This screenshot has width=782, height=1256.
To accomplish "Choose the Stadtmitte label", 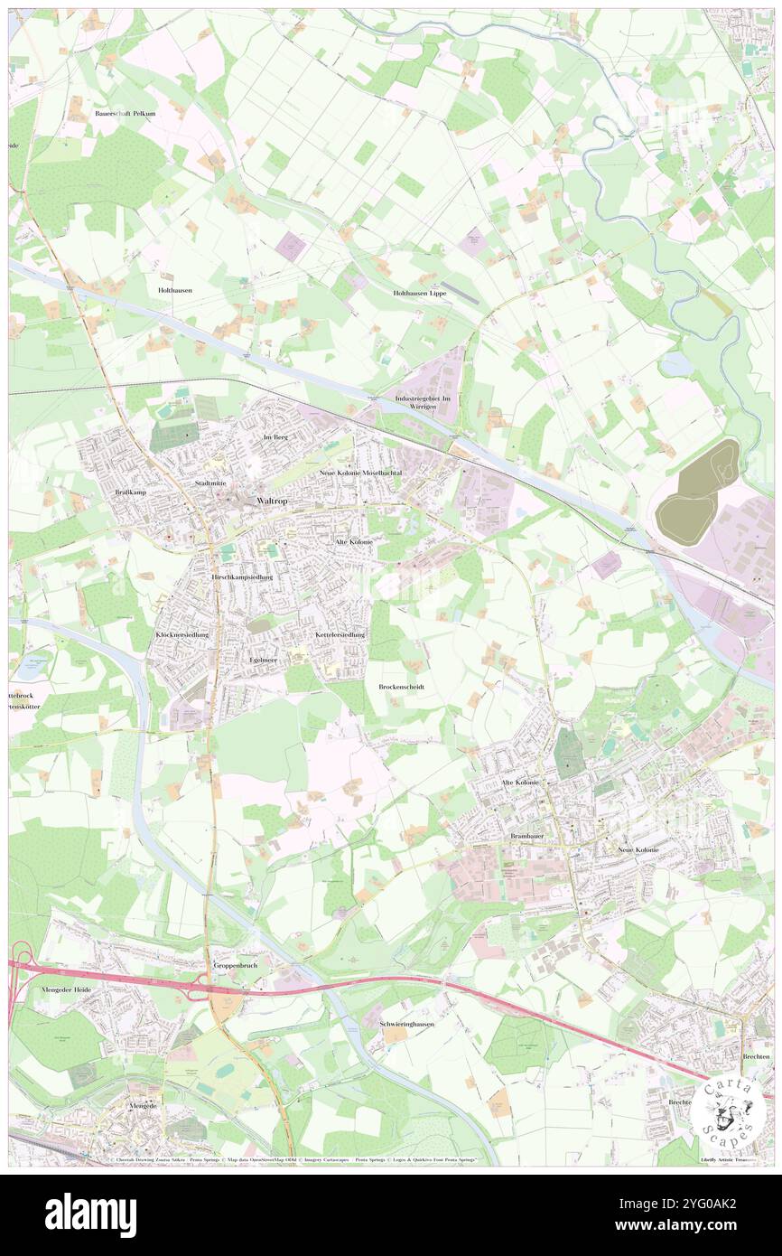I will click(x=210, y=483).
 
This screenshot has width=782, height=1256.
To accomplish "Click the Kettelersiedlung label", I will click(x=341, y=635).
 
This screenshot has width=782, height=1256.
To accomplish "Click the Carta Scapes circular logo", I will click(x=730, y=1116).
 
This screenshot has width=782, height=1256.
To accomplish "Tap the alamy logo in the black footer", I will click(x=90, y=1214).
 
